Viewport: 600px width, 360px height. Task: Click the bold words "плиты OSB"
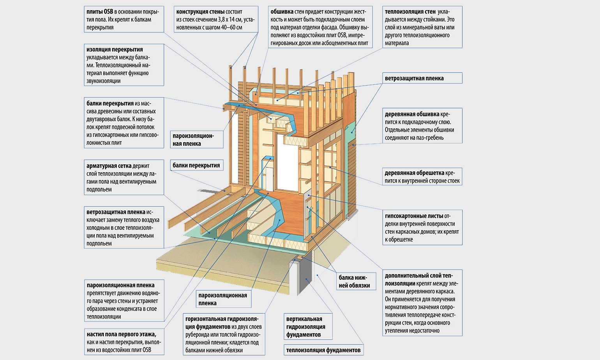pyautogui.click(x=100, y=12)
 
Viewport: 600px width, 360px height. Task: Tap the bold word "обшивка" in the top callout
pyautogui.click(x=282, y=12)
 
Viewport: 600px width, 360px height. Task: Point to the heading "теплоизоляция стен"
pyautogui.click(x=410, y=12)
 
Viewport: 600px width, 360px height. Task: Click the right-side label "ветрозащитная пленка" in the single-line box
pyautogui.click(x=414, y=78)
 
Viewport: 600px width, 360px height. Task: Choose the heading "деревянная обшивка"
pyautogui.click(x=412, y=114)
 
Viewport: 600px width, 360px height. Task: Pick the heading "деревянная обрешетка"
pyautogui.click(x=414, y=173)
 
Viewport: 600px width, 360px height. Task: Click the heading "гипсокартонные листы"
pyautogui.click(x=414, y=216)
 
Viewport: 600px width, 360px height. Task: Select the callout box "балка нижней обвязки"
pyautogui.click(x=356, y=281)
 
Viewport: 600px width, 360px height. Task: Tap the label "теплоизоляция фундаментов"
pyautogui.click(x=323, y=350)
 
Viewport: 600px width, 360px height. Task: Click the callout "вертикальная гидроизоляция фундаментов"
pyautogui.click(x=308, y=326)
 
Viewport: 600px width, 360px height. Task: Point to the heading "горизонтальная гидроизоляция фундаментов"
pyautogui.click(x=222, y=323)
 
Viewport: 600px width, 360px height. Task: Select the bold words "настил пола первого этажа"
pyautogui.click(x=121, y=334)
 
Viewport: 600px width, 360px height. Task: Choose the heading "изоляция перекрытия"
pyautogui.click(x=115, y=49)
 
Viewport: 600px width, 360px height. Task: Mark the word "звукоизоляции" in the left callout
pyautogui.click(x=103, y=81)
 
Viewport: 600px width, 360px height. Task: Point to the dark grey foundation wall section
pyautogui.click(x=305, y=276)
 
